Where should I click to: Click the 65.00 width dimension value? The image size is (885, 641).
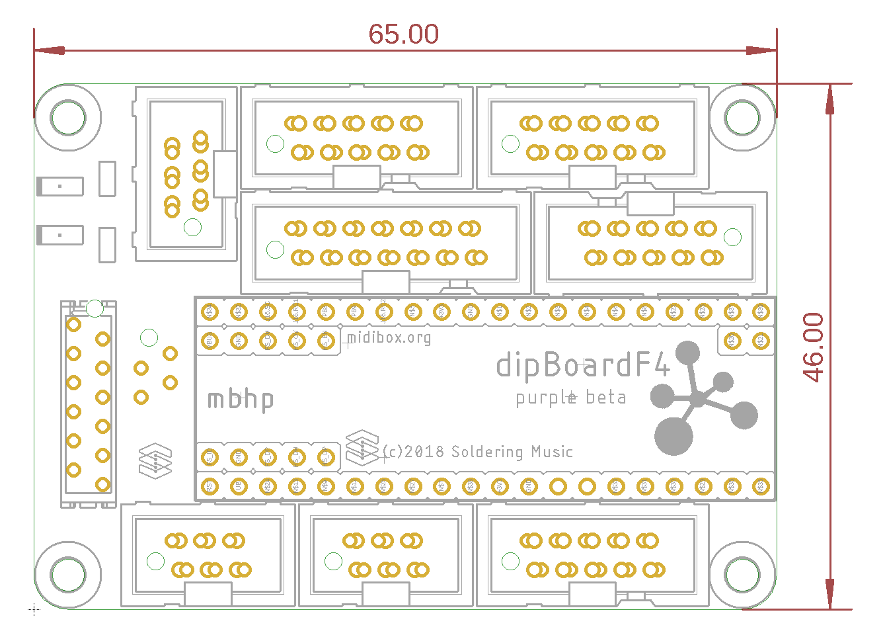[x=403, y=34]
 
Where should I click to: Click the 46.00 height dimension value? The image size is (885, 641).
[x=814, y=347]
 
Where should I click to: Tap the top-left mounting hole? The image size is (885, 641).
[x=68, y=118]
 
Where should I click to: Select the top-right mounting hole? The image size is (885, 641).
[x=742, y=118]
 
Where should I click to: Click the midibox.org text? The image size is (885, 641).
[x=389, y=338]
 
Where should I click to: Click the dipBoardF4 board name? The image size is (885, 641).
[x=583, y=364]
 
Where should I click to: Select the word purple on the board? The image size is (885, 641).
[x=546, y=398]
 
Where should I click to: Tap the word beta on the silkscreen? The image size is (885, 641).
[x=606, y=398]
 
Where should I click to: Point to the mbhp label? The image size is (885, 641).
[x=241, y=400]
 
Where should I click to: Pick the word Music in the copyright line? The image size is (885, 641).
[x=552, y=452]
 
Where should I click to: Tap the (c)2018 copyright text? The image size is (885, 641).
[x=414, y=452]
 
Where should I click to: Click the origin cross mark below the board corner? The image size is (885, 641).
[x=34, y=609]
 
